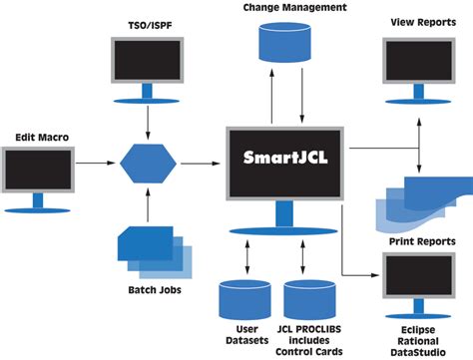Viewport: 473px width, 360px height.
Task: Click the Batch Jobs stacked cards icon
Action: coord(149,250)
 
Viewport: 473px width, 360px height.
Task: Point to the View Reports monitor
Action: coord(418,62)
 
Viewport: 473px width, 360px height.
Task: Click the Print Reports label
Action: coord(418,241)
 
